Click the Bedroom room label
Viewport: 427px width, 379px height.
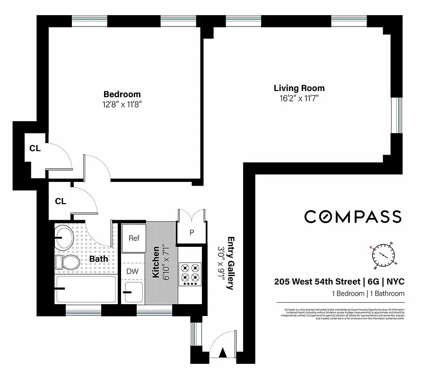coord(122,94)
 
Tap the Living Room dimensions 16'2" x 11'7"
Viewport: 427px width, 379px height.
coord(299,99)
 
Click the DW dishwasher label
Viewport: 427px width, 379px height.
coord(132,271)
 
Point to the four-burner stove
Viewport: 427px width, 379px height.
coord(191,273)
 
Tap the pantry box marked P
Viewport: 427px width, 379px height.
coord(192,233)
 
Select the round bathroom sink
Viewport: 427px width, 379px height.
coord(64,236)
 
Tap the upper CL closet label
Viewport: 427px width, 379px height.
coord(35,148)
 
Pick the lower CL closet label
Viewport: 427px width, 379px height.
coord(60,201)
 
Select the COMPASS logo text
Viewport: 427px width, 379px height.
coord(352,217)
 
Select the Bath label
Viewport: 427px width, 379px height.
coord(99,259)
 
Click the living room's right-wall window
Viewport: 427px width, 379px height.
coord(399,116)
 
